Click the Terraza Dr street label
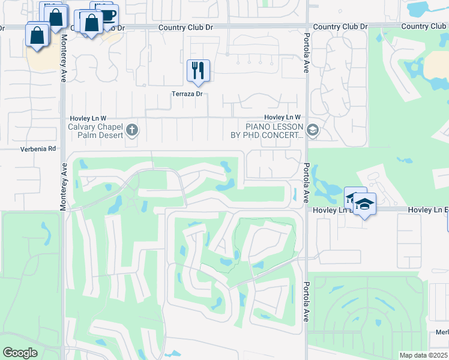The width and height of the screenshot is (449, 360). (190, 94)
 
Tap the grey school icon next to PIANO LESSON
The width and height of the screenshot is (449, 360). (312, 130)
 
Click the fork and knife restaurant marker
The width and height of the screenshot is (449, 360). (197, 71)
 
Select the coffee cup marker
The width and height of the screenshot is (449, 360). (107, 15)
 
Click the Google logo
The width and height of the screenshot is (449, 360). (20, 353)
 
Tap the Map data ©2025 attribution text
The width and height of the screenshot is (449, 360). (423, 355)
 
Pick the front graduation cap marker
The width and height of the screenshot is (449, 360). (364, 204)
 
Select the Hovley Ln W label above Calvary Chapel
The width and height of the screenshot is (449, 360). (88, 118)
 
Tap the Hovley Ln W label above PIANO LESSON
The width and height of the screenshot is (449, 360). (282, 118)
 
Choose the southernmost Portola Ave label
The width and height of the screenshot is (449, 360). (306, 301)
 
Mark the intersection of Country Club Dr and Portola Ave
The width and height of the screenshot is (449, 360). (307, 27)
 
